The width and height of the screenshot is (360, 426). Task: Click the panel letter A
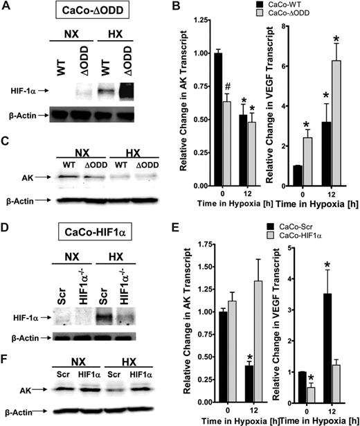coord(7,10)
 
